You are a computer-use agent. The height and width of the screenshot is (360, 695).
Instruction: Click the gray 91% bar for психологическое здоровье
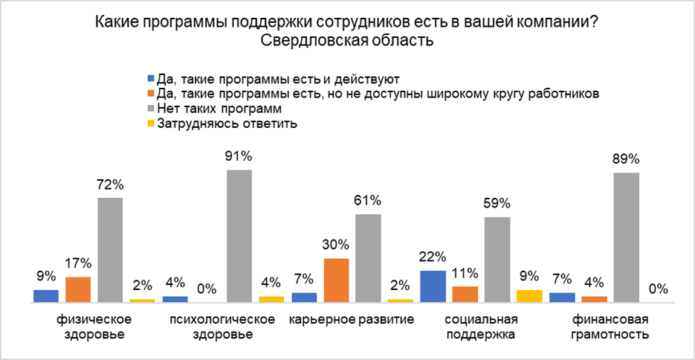[239, 236]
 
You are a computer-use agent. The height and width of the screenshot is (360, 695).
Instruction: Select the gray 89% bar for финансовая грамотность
[627, 237]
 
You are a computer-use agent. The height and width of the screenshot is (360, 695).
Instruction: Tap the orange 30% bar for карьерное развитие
[336, 280]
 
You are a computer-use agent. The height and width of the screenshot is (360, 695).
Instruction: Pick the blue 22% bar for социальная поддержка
[433, 286]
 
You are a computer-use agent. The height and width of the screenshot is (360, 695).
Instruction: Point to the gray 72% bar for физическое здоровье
[110, 250]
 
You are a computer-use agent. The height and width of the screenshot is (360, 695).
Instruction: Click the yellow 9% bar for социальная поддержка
[529, 296]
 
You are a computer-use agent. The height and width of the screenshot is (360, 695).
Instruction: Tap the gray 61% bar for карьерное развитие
[368, 258]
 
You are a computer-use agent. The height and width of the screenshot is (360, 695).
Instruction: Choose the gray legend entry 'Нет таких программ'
[202, 109]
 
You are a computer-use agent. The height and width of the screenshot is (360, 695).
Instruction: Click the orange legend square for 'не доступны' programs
[151, 94]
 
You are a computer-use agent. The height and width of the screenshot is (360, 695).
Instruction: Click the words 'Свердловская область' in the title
[346, 39]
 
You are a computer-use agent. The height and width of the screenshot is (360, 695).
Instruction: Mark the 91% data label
[239, 156]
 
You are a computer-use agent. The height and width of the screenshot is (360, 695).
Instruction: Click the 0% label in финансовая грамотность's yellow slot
[658, 289]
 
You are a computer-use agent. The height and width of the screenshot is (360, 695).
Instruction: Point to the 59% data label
[497, 202]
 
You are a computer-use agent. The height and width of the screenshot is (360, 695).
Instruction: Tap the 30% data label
[336, 244]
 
